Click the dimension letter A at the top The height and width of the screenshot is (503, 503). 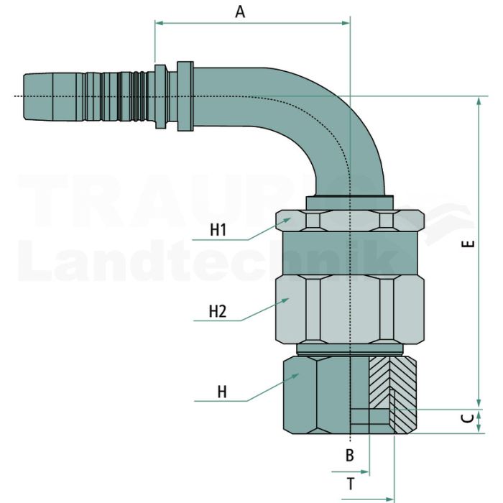(240, 12)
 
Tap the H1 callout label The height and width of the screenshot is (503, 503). (218, 230)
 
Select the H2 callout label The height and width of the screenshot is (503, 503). (218, 311)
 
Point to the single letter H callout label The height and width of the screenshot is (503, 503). (222, 392)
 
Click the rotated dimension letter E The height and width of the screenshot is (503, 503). (469, 244)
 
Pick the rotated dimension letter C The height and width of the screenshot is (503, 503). (469, 418)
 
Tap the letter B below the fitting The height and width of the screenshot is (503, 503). (350, 455)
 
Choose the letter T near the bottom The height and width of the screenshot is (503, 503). (351, 484)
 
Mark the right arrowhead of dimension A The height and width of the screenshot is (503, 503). (346, 23)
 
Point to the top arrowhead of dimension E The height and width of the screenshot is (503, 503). (479, 101)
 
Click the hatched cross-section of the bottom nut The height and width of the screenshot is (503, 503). (393, 394)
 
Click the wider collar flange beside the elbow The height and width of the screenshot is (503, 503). (185, 96)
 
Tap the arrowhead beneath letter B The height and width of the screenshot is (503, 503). (365, 471)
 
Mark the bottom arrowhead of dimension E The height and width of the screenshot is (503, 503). (479, 404)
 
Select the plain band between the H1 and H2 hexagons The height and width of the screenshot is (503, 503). (350, 253)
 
